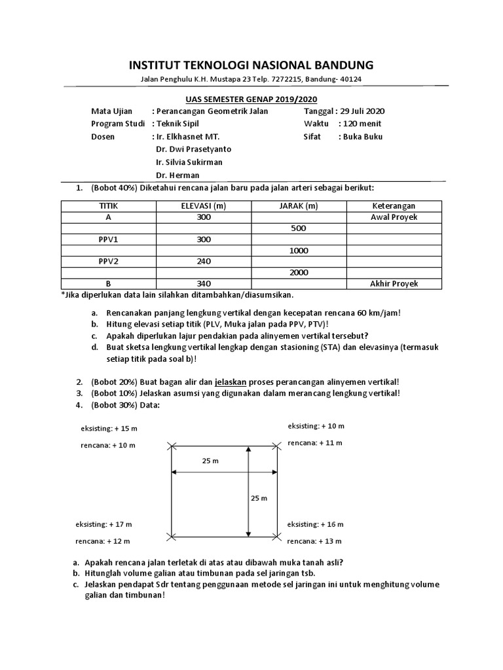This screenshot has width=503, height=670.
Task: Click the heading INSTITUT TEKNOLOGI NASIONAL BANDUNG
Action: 251,65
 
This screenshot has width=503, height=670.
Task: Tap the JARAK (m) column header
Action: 298,206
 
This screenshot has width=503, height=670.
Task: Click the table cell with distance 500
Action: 298,228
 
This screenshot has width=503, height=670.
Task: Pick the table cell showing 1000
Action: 298,251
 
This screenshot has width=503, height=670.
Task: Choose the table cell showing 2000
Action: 298,273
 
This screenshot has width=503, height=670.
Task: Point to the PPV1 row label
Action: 108,239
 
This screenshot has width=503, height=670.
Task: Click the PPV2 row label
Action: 108,262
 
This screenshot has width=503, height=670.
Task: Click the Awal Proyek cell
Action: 394,217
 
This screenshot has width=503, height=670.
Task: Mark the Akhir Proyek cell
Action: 394,284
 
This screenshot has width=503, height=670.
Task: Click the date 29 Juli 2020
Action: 362,111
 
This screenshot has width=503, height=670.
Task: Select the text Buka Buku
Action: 361,137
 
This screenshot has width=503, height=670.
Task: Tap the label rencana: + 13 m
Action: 315,541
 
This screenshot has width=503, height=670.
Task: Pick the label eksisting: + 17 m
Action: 104,525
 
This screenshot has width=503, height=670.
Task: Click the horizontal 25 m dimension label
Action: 210,461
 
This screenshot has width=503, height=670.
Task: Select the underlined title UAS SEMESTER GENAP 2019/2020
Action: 251,99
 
